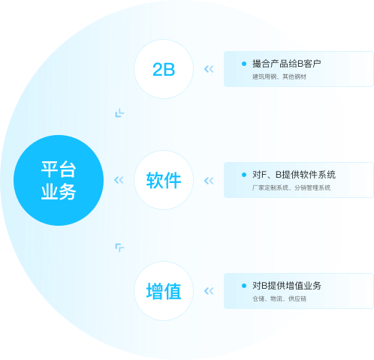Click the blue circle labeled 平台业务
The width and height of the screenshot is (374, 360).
pyautogui.click(x=59, y=180)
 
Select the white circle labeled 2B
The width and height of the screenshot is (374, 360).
pyautogui.click(x=164, y=69)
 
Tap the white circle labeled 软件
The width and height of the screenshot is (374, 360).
pyautogui.click(x=164, y=180)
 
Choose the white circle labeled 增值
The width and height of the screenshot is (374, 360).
pyautogui.click(x=164, y=291)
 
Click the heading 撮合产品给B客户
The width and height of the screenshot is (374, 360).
pyautogui.click(x=287, y=64)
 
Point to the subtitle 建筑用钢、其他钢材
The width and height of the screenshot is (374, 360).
pyautogui.click(x=279, y=76)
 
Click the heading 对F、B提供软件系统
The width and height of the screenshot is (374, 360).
pyautogui.click(x=294, y=175)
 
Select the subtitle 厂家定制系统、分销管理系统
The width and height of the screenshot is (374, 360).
pyautogui.click(x=291, y=187)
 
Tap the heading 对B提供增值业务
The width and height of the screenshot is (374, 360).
pyautogui.click(x=287, y=286)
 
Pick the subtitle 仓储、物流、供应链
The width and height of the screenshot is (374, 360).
pyautogui.click(x=279, y=298)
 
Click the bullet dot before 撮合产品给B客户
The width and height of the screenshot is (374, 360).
pyautogui.click(x=244, y=64)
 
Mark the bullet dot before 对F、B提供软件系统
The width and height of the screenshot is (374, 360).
pyautogui.click(x=244, y=175)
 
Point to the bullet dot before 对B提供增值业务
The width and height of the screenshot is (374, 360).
pyautogui.click(x=244, y=286)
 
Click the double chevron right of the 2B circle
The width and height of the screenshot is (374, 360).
pyautogui.click(x=209, y=69)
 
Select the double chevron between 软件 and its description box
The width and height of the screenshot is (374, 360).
pyautogui.click(x=209, y=181)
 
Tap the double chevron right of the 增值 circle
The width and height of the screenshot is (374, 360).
pyautogui.click(x=209, y=291)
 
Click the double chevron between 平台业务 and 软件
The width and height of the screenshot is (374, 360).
pyautogui.click(x=119, y=180)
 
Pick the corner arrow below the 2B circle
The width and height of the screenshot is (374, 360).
pyautogui.click(x=119, y=114)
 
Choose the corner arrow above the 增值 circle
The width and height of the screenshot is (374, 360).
pyautogui.click(x=119, y=247)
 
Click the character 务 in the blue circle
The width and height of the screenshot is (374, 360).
pyautogui.click(x=68, y=192)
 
